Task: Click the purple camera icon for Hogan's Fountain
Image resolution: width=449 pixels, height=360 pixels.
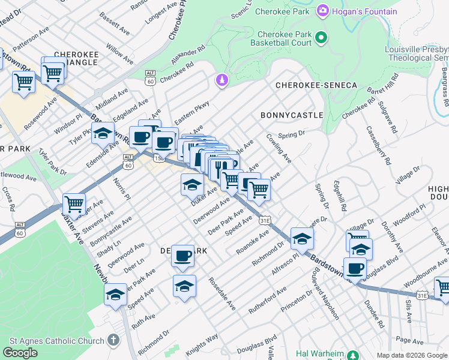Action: coord(323,11)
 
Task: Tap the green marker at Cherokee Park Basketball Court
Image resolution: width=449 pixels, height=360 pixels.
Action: coord(321,38)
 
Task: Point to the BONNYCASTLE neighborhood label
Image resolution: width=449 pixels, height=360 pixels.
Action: coord(292,115)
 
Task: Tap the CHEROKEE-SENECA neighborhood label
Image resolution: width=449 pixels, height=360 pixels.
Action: coord(316,86)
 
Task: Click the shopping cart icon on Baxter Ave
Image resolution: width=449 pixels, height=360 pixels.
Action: coord(74,204)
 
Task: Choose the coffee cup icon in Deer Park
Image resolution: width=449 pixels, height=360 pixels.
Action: coord(182,256)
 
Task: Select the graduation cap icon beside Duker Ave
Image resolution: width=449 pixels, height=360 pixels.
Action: coord(191,184)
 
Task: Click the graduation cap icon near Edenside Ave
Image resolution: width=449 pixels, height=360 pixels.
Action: coord(103,133)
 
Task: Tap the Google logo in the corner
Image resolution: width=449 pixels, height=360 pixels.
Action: coord(20,353)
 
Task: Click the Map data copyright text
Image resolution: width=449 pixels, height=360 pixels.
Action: coord(412,355)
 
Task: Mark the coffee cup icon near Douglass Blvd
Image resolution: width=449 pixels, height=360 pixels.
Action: coord(355,268)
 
